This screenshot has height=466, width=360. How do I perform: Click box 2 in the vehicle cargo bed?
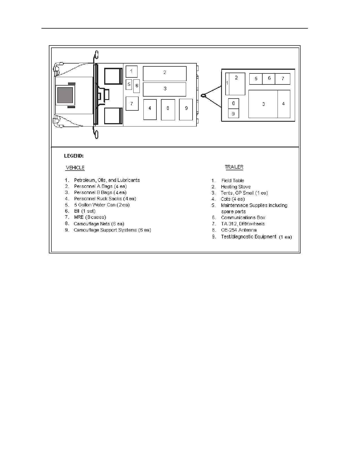[165, 73]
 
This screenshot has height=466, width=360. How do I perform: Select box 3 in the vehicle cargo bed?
[164, 90]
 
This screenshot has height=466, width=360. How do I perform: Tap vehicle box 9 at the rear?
[186, 110]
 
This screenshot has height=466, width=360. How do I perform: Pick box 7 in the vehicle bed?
[132, 104]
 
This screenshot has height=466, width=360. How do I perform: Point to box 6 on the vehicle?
[136, 86]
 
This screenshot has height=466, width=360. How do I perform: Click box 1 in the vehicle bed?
[132, 71]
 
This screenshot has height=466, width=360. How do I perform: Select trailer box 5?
[256, 79]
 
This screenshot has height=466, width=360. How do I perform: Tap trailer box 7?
[283, 79]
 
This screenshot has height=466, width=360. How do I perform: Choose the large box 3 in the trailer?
[263, 104]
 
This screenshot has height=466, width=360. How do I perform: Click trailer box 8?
[234, 104]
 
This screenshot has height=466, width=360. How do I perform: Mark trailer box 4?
[284, 104]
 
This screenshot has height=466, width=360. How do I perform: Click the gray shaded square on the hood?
[65, 95]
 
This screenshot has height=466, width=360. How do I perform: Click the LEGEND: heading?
[74, 156]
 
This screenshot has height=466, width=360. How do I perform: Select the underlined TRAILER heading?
[234, 167]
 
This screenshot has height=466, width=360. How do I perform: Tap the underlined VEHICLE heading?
[75, 168]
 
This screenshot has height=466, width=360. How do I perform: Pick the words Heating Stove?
[236, 187]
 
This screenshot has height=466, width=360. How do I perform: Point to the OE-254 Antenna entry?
[239, 230]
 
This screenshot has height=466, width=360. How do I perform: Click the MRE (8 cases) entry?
[90, 217]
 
